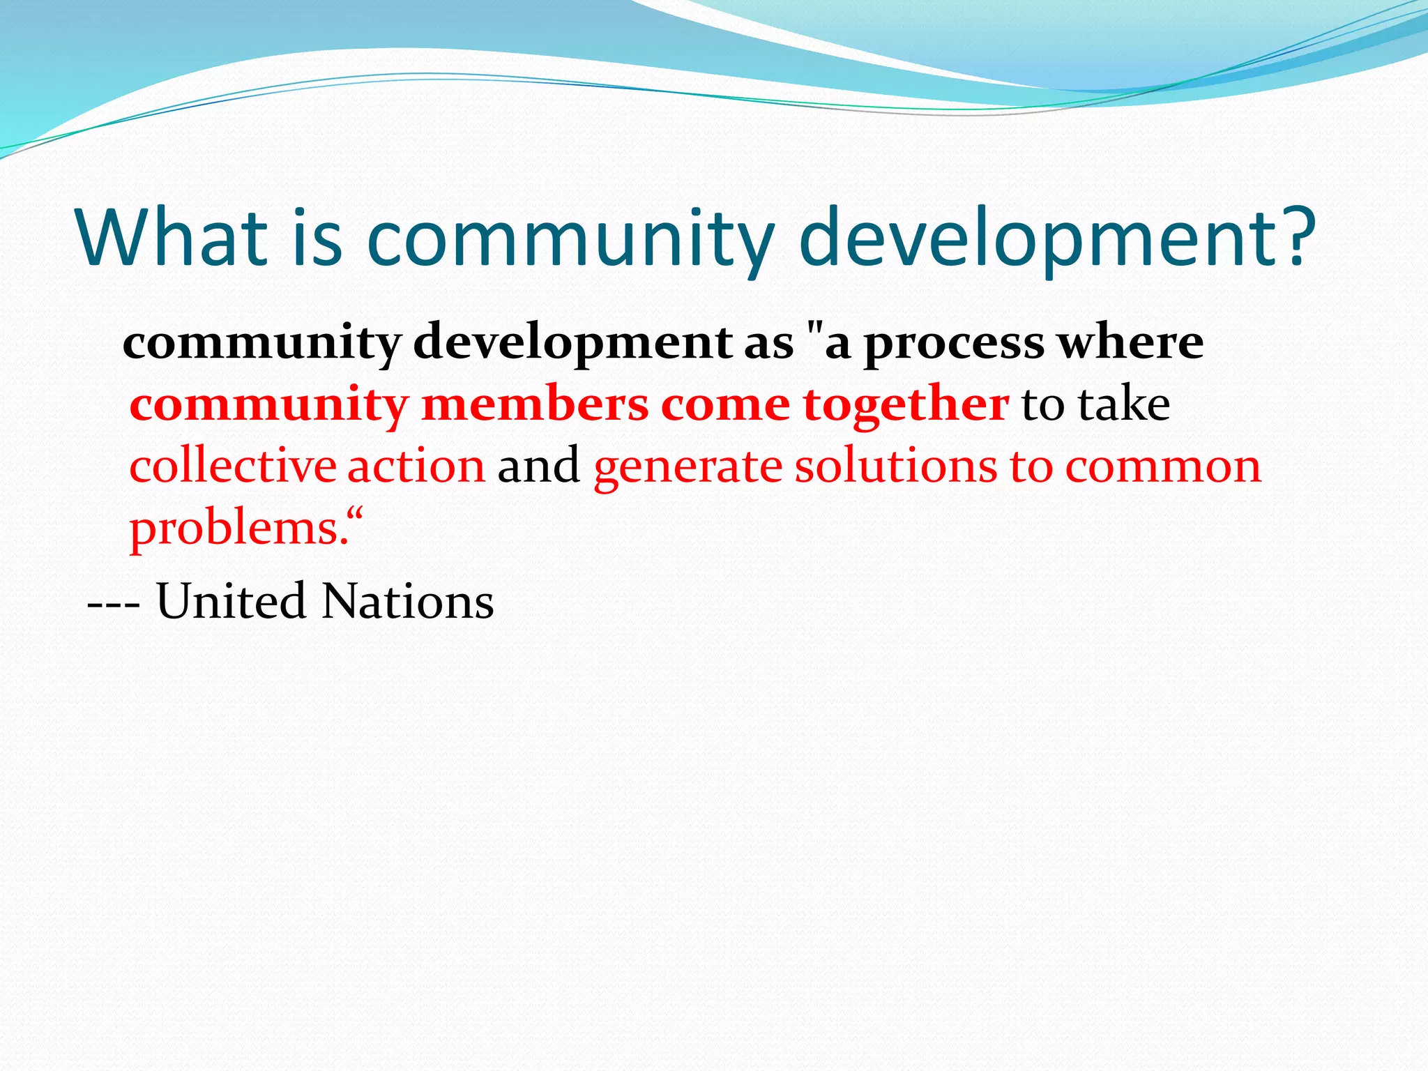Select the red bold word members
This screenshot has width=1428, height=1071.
(535, 404)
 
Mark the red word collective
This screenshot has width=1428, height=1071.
(232, 466)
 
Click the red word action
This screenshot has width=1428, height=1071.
(416, 466)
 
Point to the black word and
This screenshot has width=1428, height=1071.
(538, 466)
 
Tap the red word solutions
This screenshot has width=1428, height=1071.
(896, 466)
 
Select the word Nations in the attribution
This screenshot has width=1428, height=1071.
(408, 601)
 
